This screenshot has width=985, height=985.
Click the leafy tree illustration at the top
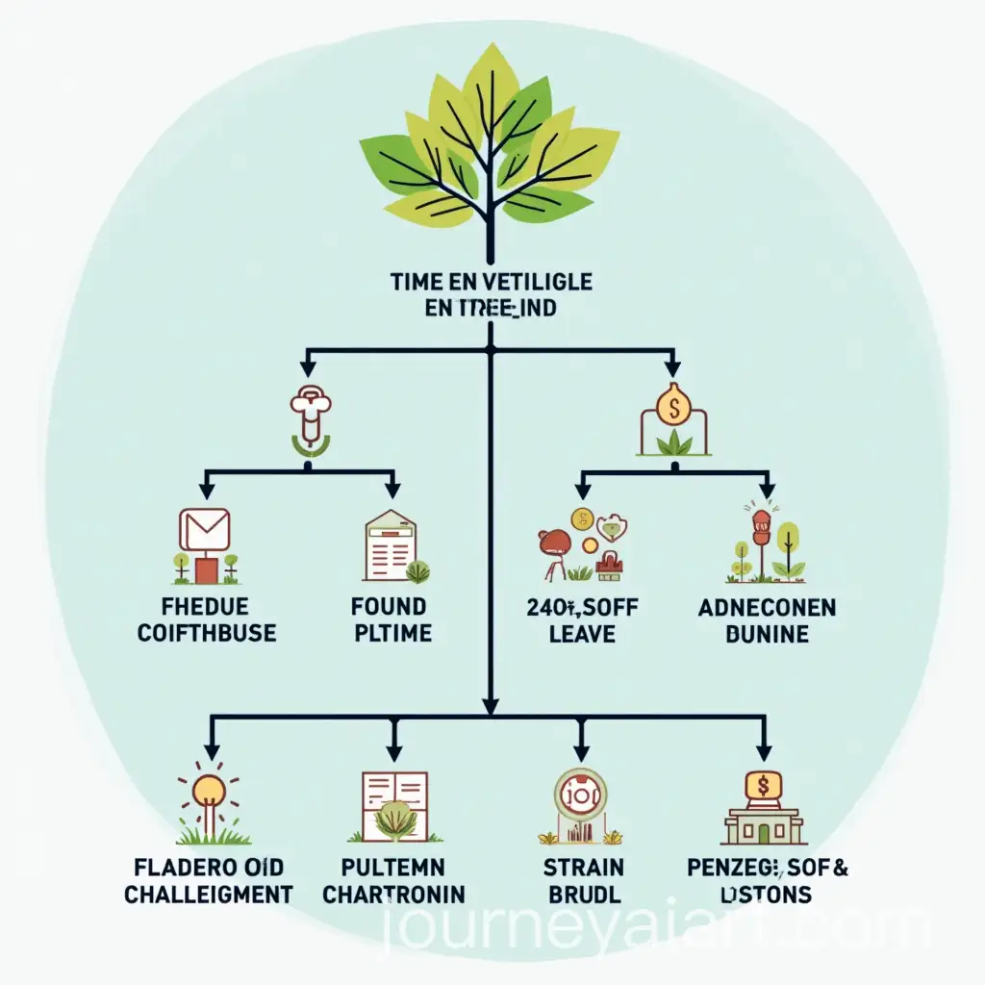(491, 144)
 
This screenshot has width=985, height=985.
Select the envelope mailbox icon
(204, 531)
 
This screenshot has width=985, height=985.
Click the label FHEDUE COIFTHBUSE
(206, 619)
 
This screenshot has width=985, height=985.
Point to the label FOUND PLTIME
(391, 619)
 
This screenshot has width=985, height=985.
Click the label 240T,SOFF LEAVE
(583, 619)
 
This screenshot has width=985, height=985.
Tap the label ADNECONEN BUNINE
(767, 619)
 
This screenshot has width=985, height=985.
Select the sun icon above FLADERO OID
(209, 792)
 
